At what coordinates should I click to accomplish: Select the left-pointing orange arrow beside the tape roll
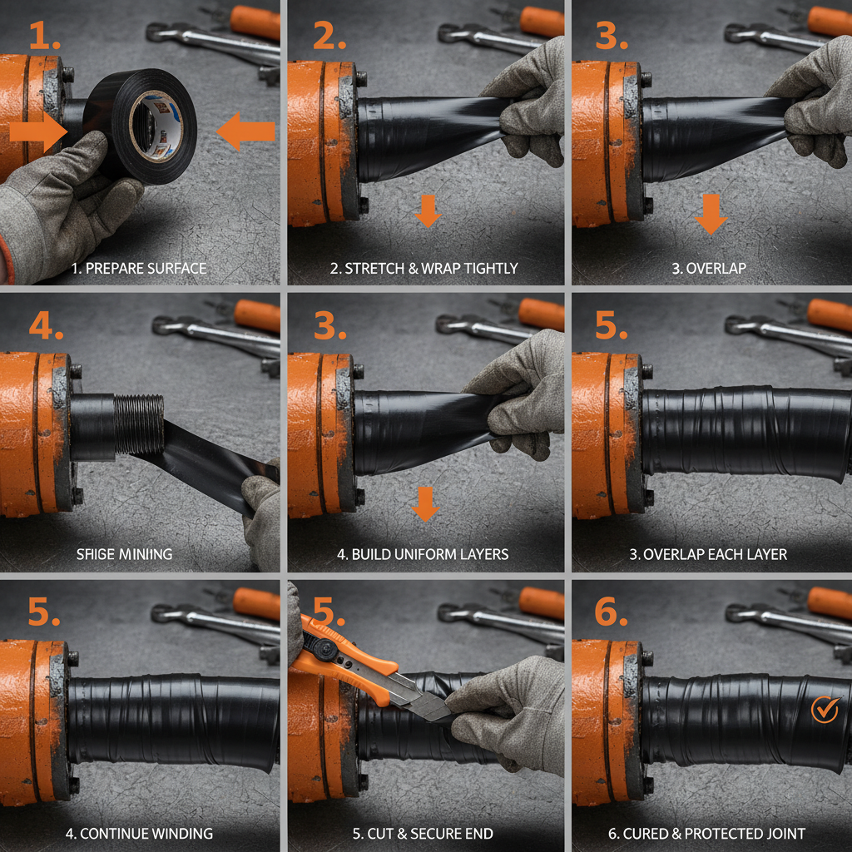pyautogui.click(x=246, y=131)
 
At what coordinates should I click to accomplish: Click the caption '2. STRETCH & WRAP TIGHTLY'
pyautogui.click(x=424, y=269)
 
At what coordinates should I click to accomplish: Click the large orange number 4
pyautogui.click(x=46, y=326)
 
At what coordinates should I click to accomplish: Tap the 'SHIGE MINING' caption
pyautogui.click(x=125, y=553)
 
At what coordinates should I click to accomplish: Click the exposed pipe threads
pyautogui.click(x=139, y=424)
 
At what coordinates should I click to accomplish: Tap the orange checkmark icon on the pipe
pyautogui.click(x=824, y=709)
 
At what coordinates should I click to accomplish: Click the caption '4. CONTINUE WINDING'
pyautogui.click(x=139, y=833)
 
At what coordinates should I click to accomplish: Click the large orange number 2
pyautogui.click(x=329, y=35)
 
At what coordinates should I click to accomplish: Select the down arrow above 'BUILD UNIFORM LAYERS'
pyautogui.click(x=425, y=504)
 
